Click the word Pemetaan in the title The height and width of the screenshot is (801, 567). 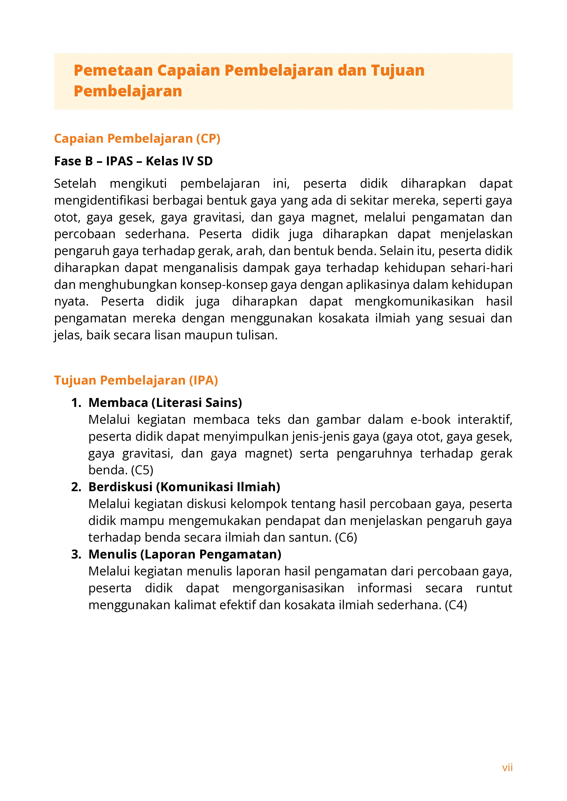point(113,71)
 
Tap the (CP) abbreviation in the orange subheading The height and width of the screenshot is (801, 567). point(208,139)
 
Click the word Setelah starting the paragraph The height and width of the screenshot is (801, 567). point(75,184)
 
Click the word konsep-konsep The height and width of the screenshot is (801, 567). point(224,285)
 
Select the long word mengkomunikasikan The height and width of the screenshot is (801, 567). point(414,301)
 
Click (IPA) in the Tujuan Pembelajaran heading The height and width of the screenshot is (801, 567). point(204,380)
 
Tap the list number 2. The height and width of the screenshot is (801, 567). point(76,487)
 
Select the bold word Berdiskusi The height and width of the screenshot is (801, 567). point(120,487)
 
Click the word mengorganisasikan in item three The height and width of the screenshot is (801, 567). point(288,588)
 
